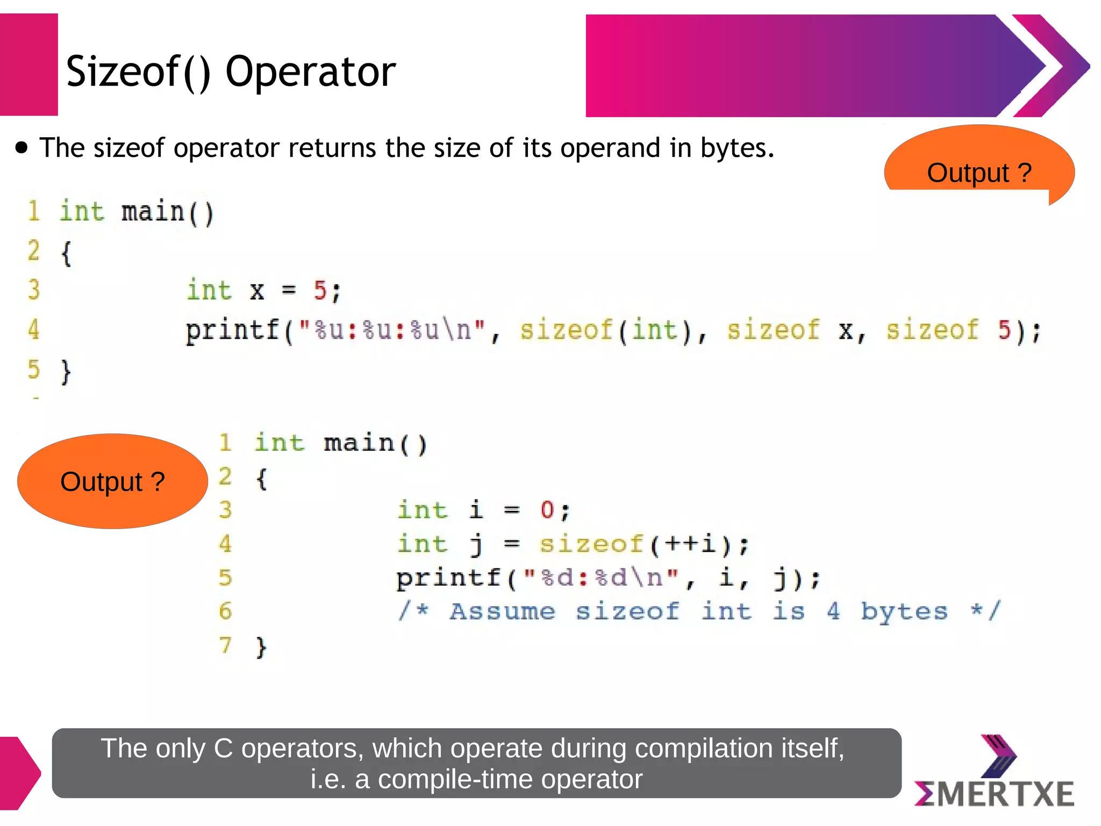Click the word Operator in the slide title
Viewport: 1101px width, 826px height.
pos(310,72)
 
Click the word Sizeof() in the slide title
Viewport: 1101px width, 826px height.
pos(138,72)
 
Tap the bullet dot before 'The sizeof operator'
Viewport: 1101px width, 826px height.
pos(22,148)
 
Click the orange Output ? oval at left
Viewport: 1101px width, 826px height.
pos(112,481)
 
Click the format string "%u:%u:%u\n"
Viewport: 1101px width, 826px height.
pos(392,330)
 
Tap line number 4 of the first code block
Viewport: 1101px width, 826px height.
pos(33,329)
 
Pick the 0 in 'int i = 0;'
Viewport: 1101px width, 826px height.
pos(547,510)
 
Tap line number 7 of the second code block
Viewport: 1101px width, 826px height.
pos(225,645)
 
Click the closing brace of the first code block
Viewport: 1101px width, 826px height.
pos(66,371)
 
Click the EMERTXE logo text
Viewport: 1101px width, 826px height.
pos(995,794)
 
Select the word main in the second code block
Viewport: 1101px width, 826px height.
pos(359,443)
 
